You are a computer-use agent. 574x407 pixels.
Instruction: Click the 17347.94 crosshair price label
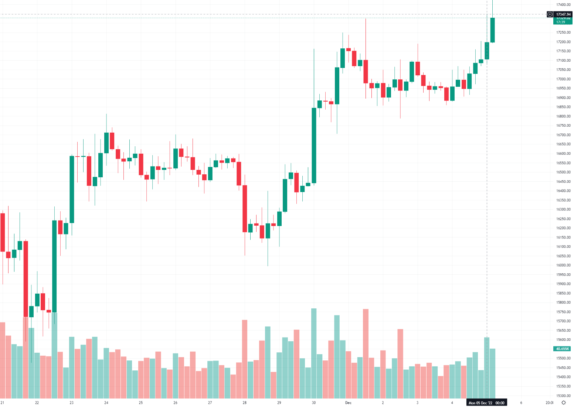click(563, 14)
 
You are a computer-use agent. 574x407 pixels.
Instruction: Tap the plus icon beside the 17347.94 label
click(550, 14)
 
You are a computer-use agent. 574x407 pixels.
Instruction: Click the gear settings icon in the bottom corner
click(564, 403)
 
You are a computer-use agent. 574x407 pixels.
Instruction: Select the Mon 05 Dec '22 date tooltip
click(486, 403)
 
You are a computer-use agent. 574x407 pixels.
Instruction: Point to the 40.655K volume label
click(562, 349)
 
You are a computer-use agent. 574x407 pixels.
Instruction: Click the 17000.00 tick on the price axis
click(563, 79)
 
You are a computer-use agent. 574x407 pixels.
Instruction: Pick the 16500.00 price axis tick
click(563, 172)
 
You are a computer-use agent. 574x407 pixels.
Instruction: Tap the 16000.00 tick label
click(563, 265)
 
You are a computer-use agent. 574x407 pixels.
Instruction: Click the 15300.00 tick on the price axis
click(563, 396)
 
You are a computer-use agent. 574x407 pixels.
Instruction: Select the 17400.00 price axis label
click(563, 5)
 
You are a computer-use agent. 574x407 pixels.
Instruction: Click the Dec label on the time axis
click(348, 403)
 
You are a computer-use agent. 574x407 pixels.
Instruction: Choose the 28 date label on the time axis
click(244, 403)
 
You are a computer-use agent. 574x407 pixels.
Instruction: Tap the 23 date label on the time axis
click(71, 403)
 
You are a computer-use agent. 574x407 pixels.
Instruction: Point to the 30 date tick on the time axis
click(314, 403)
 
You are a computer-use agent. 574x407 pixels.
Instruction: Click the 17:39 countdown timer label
click(560, 22)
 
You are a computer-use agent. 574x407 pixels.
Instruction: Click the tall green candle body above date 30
click(314, 145)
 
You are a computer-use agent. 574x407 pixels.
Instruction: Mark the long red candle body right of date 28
click(245, 208)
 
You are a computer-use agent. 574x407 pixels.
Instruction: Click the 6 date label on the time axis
click(521, 403)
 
